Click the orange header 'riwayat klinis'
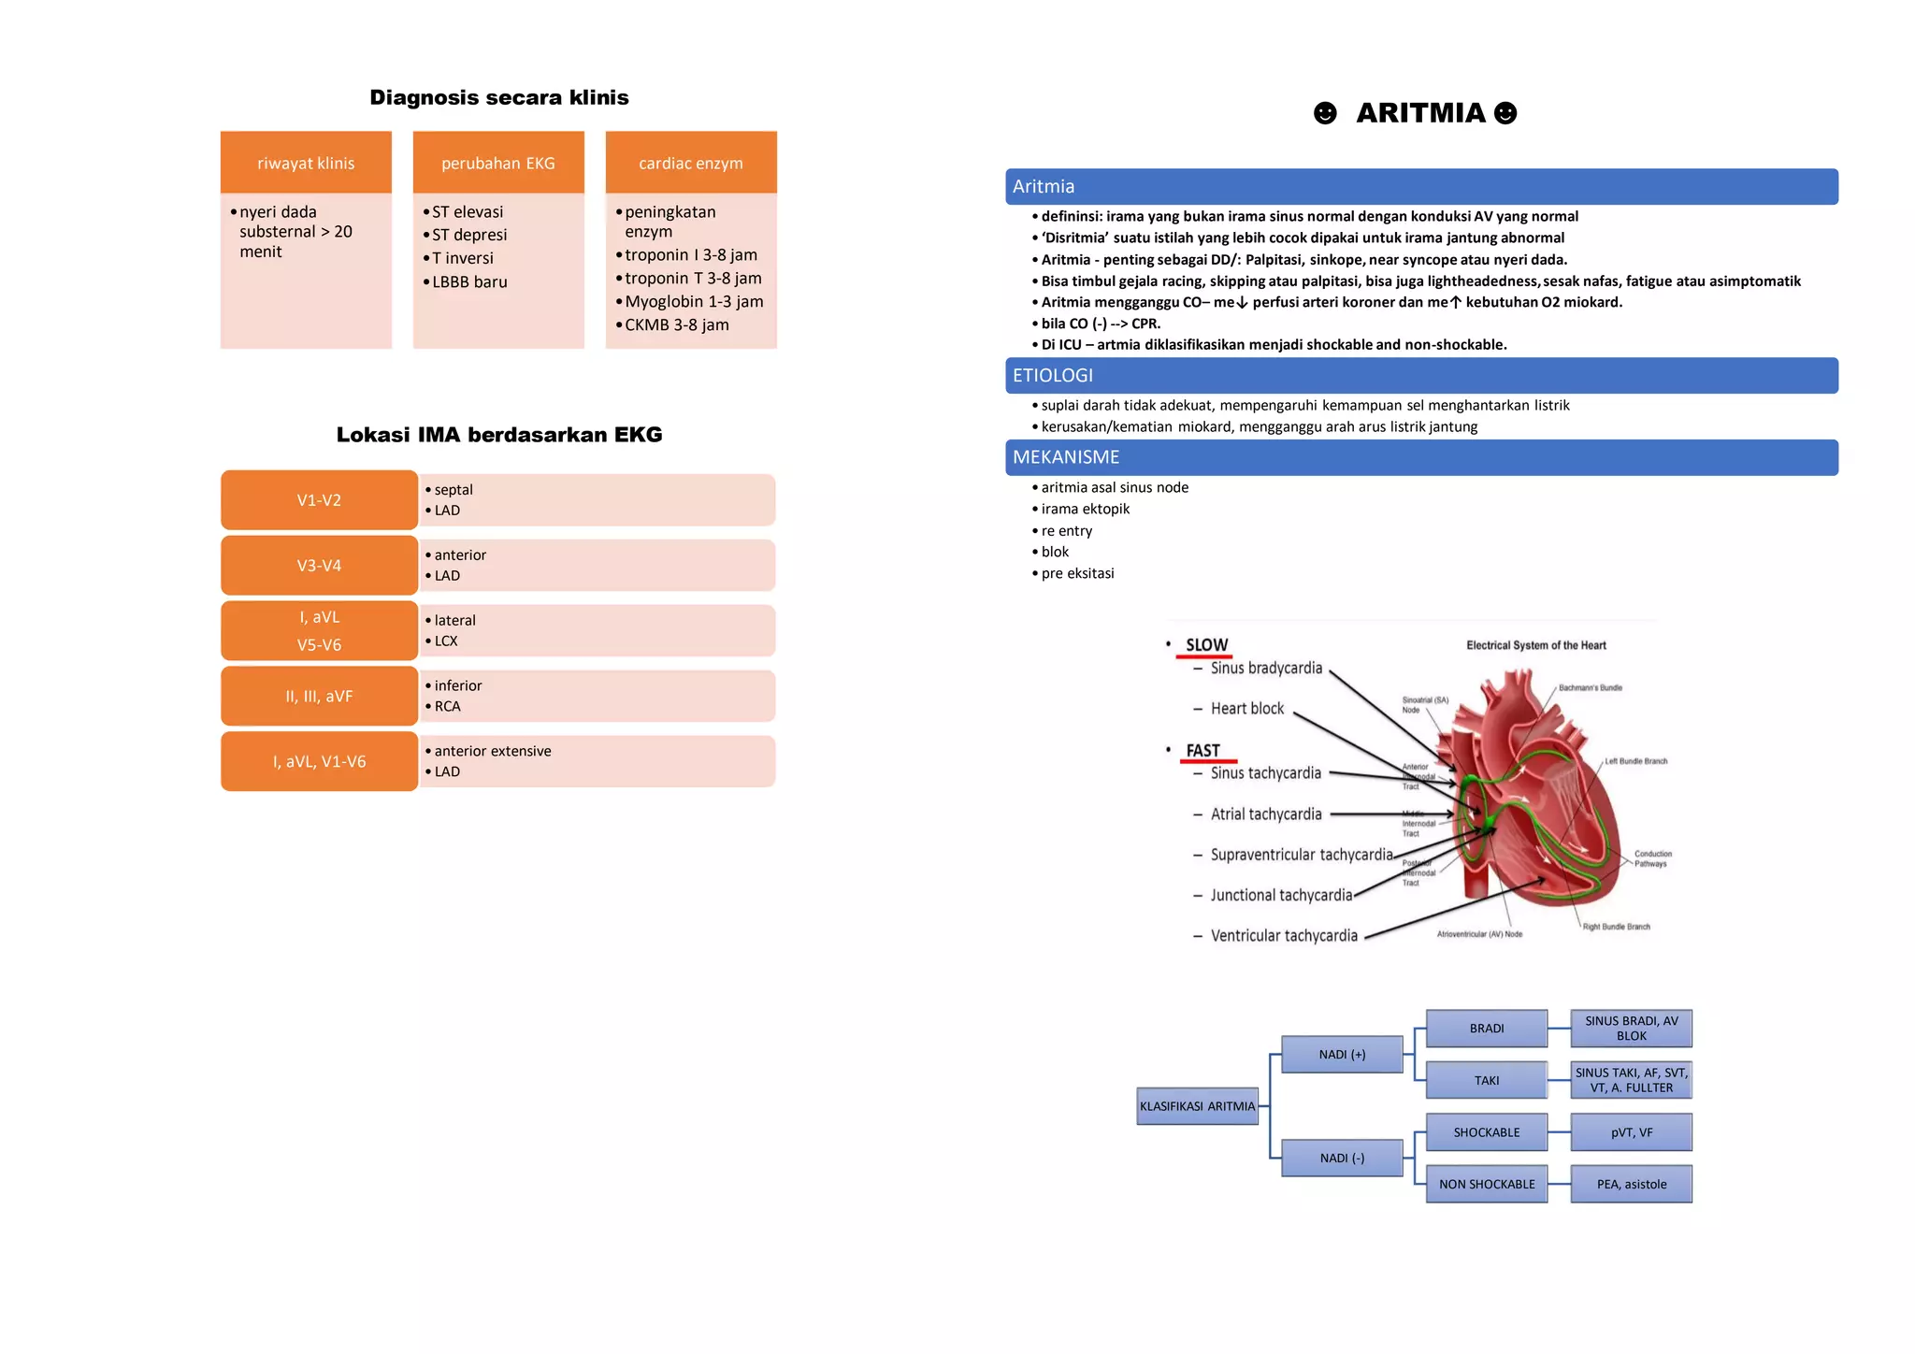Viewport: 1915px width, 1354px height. (306, 163)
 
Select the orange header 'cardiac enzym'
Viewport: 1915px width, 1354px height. (691, 163)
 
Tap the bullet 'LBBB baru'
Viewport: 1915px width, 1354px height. (469, 281)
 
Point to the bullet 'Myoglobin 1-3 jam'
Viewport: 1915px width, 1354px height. (694, 301)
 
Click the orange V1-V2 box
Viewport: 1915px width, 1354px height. (319, 500)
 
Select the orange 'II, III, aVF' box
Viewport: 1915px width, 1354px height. (319, 697)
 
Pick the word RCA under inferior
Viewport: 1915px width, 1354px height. (447, 706)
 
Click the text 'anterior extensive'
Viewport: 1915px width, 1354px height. (493, 751)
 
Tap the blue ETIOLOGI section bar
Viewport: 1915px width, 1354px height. (1421, 375)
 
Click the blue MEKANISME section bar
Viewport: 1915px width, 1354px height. (1421, 457)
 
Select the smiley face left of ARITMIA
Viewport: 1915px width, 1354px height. (1325, 113)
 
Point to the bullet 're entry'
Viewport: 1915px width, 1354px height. (1067, 530)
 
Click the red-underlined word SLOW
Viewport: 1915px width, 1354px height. (1206, 645)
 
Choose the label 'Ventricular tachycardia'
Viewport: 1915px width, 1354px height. (1284, 936)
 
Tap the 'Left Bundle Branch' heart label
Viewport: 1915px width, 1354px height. (1636, 761)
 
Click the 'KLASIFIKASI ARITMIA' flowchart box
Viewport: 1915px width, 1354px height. (1197, 1106)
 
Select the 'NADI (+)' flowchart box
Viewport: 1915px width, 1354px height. (1342, 1054)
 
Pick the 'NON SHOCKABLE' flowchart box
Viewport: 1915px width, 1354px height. (1487, 1184)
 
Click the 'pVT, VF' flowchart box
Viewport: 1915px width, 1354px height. (1632, 1132)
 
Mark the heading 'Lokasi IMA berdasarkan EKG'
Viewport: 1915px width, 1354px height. (499, 435)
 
